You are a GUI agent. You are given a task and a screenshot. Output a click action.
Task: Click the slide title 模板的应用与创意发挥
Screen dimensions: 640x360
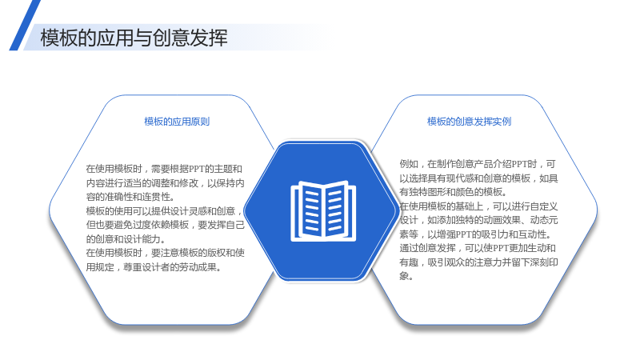click(134, 38)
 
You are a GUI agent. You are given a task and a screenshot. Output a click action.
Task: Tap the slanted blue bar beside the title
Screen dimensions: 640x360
click(25, 26)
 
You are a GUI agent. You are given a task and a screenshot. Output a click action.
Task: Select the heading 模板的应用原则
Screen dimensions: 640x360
click(177, 122)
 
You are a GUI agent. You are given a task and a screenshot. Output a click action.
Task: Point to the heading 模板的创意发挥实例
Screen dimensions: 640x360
click(469, 122)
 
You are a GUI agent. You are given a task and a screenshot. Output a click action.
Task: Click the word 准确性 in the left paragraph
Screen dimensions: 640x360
click(118, 197)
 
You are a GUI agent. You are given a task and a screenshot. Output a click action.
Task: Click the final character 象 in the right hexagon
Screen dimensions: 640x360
click(404, 276)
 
